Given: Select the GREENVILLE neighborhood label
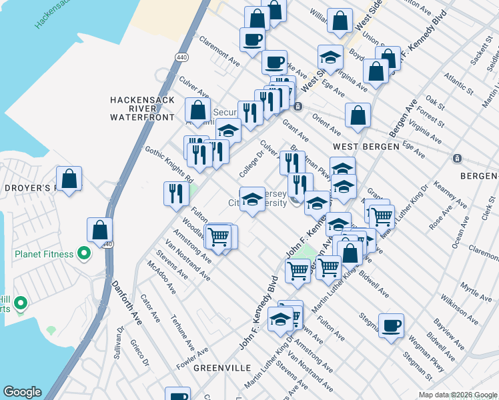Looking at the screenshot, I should [221, 368].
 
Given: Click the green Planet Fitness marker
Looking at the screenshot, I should [84, 253].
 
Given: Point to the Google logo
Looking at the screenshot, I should [22, 392].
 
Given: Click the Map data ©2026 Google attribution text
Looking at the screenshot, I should [457, 395].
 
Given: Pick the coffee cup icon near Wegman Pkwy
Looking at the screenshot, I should [391, 325].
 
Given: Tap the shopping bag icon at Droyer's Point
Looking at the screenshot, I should [69, 179].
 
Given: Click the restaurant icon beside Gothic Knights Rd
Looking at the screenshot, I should [175, 193].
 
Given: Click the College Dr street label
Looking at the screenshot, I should [252, 161].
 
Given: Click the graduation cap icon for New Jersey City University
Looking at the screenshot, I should [252, 199].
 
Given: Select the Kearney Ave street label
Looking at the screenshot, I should [444, 193].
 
